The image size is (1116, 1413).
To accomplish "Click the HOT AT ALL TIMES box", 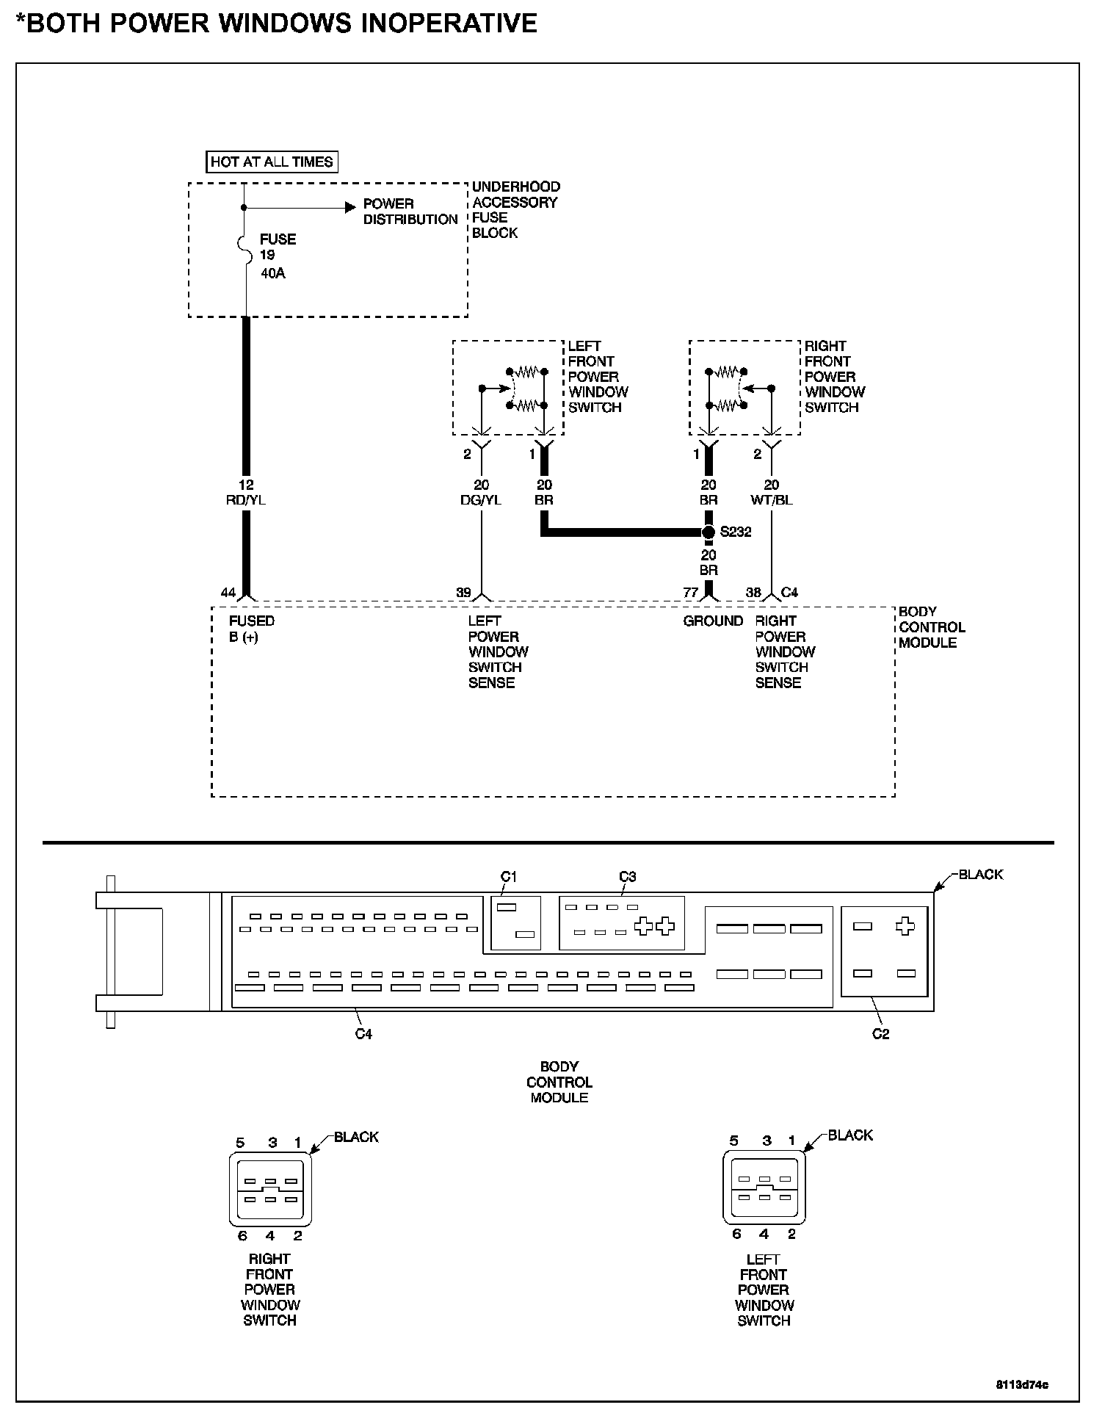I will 272,162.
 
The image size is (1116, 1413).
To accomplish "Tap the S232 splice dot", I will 708,532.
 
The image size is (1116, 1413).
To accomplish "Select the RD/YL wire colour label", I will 246,500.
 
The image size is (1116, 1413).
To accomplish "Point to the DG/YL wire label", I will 482,500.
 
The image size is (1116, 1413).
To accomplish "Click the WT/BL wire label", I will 772,500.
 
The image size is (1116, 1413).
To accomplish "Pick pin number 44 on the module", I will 228,593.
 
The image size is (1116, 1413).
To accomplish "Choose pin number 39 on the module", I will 463,593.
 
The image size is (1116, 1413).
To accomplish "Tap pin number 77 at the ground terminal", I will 690,593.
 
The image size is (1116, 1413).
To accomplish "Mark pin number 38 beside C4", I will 753,593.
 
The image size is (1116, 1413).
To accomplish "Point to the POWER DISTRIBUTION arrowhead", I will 351,208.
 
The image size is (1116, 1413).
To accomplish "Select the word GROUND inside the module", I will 713,621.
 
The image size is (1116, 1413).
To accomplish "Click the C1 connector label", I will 509,876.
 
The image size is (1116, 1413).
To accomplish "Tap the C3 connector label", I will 627,876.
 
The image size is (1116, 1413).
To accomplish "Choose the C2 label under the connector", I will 880,1034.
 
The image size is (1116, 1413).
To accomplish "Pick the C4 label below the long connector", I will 363,1034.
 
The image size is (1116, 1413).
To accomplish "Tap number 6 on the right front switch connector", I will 242,1236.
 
